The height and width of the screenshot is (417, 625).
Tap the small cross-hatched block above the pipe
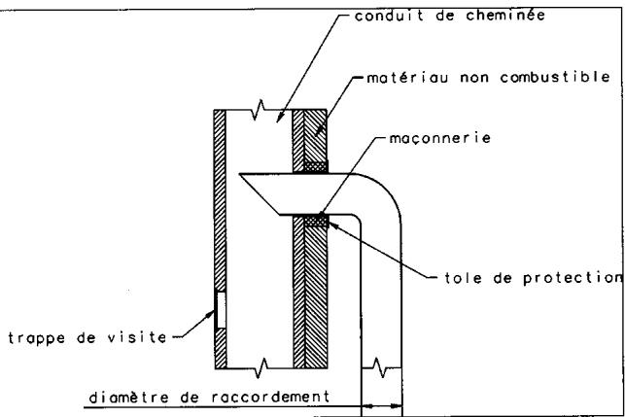[313, 166]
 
